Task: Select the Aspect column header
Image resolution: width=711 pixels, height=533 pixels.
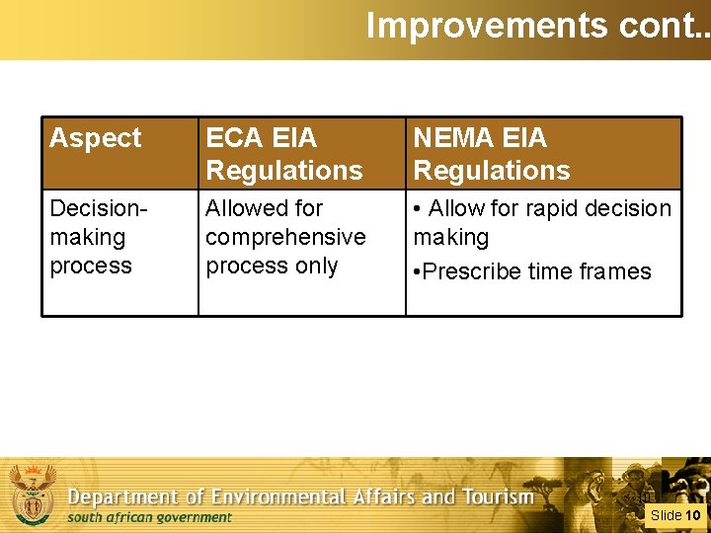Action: pyautogui.click(x=96, y=139)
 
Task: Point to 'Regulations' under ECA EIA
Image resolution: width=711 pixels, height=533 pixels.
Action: pyautogui.click(x=284, y=171)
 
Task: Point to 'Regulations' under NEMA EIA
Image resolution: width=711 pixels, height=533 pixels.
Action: pyautogui.click(x=492, y=171)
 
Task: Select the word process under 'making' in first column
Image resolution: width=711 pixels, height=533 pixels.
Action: pyautogui.click(x=91, y=266)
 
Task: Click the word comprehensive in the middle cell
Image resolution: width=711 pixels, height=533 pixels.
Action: pyautogui.click(x=285, y=238)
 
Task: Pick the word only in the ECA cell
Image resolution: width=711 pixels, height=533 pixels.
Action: pyautogui.click(x=316, y=266)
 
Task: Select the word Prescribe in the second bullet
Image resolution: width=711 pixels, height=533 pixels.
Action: pyautogui.click(x=474, y=272)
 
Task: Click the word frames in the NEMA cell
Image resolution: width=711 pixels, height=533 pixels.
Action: pyautogui.click(x=613, y=272)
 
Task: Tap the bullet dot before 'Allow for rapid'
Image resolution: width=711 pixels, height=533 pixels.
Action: pyautogui.click(x=418, y=209)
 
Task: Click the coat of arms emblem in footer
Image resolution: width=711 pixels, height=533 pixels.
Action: pyautogui.click(x=33, y=493)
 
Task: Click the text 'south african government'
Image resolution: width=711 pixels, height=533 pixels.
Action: pyautogui.click(x=149, y=517)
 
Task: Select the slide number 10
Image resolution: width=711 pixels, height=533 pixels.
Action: pyautogui.click(x=693, y=515)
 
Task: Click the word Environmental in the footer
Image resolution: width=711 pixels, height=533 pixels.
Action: pyautogui.click(x=294, y=497)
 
